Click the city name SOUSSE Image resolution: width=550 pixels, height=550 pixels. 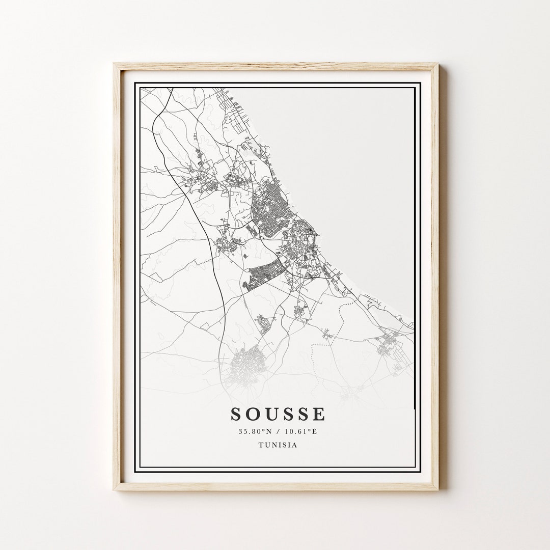pyautogui.click(x=278, y=414)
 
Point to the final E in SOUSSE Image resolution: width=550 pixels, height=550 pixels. pyautogui.click(x=319, y=414)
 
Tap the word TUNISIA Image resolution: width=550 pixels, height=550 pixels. pyautogui.click(x=278, y=445)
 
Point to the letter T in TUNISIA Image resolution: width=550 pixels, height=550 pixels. pyautogui.click(x=261, y=445)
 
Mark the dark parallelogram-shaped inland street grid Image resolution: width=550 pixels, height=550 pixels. pyautogui.click(x=264, y=273)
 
